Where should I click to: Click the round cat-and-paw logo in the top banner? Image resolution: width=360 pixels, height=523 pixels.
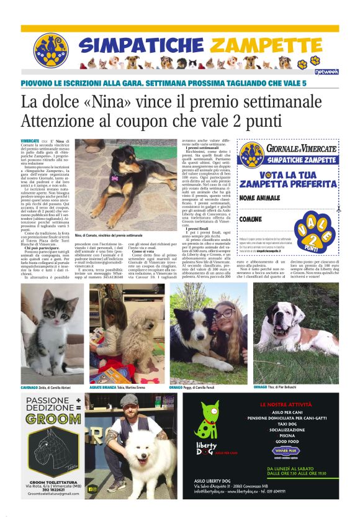click(51, 50)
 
